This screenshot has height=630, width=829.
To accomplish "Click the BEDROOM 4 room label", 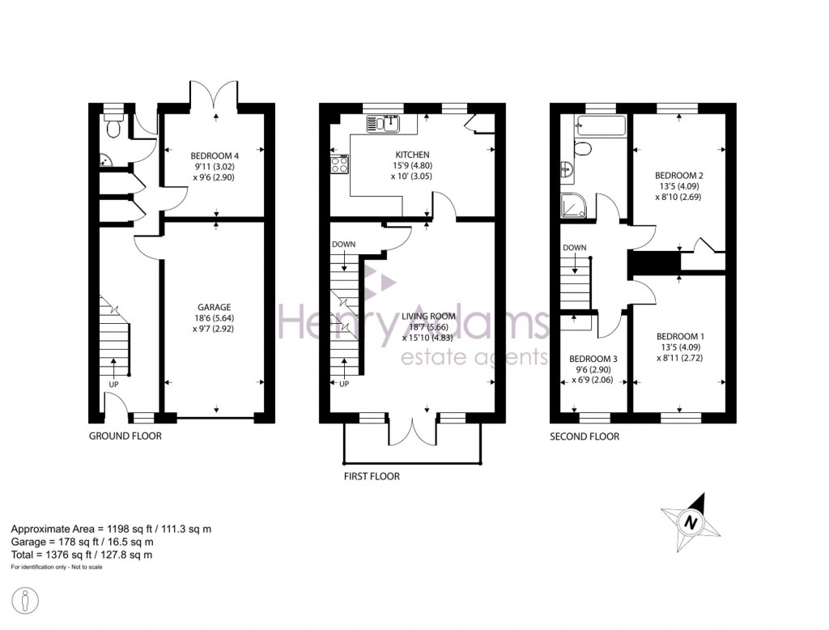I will [212, 155].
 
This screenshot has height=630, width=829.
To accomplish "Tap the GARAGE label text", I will [215, 307].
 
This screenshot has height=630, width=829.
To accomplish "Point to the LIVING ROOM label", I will [428, 317].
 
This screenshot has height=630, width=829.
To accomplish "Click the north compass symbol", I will [691, 522].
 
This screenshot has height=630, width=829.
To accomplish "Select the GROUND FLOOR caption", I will [125, 436].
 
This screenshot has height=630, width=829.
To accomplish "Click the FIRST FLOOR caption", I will [372, 476].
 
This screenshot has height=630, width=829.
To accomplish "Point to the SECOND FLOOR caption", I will [585, 436].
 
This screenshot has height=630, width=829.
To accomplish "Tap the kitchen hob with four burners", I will [339, 164].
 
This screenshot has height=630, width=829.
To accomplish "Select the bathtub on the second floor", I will [599, 126].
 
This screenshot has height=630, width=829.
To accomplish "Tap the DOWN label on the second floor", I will [574, 248].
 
